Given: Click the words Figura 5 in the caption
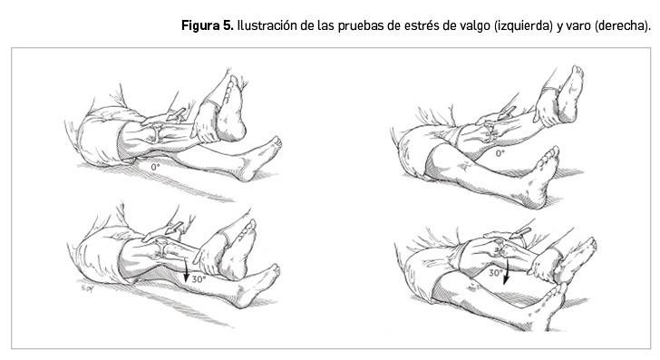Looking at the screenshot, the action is [207, 25].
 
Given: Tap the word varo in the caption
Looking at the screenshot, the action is [577, 26].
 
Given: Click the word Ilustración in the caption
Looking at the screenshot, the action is [267, 25].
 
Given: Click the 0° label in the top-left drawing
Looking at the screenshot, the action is [155, 167].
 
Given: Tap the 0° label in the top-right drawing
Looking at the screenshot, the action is [500, 153].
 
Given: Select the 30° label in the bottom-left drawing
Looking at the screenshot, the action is [199, 278].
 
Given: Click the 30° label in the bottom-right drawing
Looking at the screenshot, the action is [495, 273].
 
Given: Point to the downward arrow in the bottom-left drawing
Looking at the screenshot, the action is [184, 270].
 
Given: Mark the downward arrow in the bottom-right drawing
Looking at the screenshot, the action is [507, 269].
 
